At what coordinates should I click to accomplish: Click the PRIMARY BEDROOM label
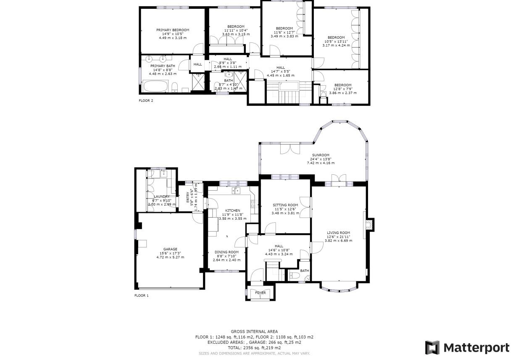[173, 30]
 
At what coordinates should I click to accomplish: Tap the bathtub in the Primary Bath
[155, 87]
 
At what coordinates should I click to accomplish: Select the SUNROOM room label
[320, 155]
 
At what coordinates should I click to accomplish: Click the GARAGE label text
[170, 249]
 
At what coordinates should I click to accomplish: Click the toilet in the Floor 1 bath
[294, 276]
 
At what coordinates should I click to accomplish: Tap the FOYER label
[260, 293]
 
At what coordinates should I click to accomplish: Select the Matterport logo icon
[432, 347]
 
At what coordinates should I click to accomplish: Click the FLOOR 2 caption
[146, 101]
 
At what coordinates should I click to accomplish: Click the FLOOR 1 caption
[142, 296]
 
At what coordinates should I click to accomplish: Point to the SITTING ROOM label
[285, 205]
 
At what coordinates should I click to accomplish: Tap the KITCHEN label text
[232, 210]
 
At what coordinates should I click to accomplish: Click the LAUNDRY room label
[162, 196]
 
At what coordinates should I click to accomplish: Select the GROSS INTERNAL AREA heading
[254, 331]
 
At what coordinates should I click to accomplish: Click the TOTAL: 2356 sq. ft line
[254, 348]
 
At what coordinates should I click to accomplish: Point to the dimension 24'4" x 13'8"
[320, 159]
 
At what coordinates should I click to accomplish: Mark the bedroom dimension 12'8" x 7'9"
[342, 89]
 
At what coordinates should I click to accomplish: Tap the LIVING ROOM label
[339, 233]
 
